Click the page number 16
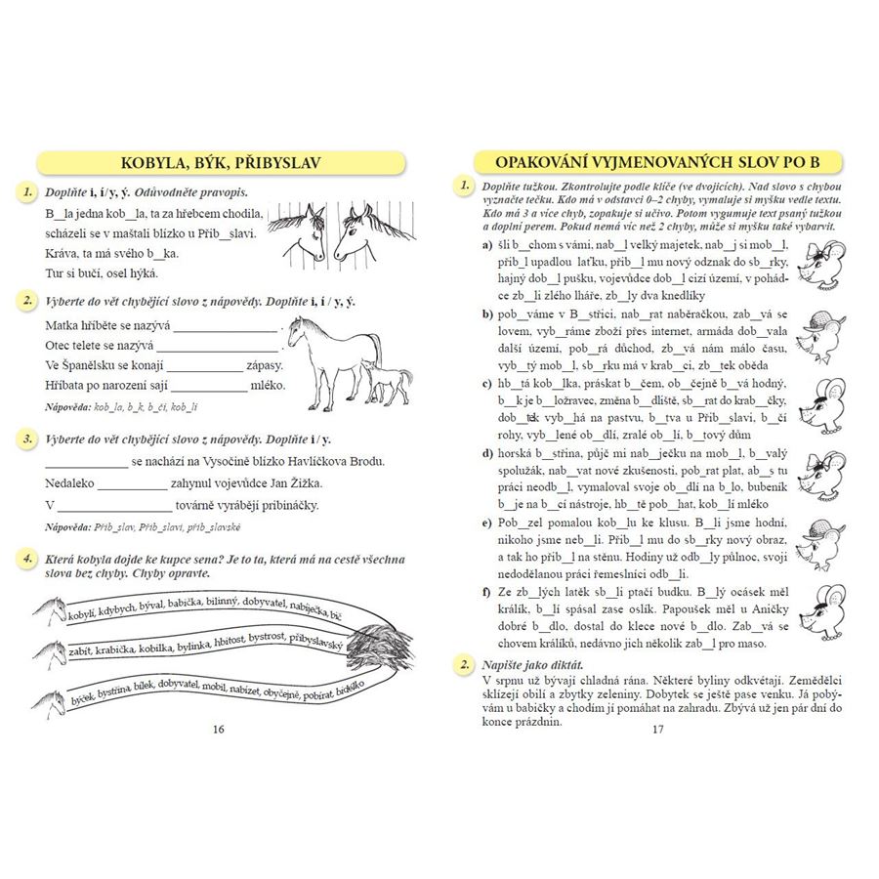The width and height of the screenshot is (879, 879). tap(218, 730)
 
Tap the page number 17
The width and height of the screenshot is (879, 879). tap(656, 730)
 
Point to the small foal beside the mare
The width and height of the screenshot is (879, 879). tap(388, 384)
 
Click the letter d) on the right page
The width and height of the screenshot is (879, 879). tap(486, 453)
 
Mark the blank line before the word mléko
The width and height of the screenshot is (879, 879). tap(212, 386)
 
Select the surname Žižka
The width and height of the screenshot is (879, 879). tap(301, 483)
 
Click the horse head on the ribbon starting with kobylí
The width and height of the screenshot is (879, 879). tap(47, 611)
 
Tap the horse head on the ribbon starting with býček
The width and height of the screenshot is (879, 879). tap(47, 699)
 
